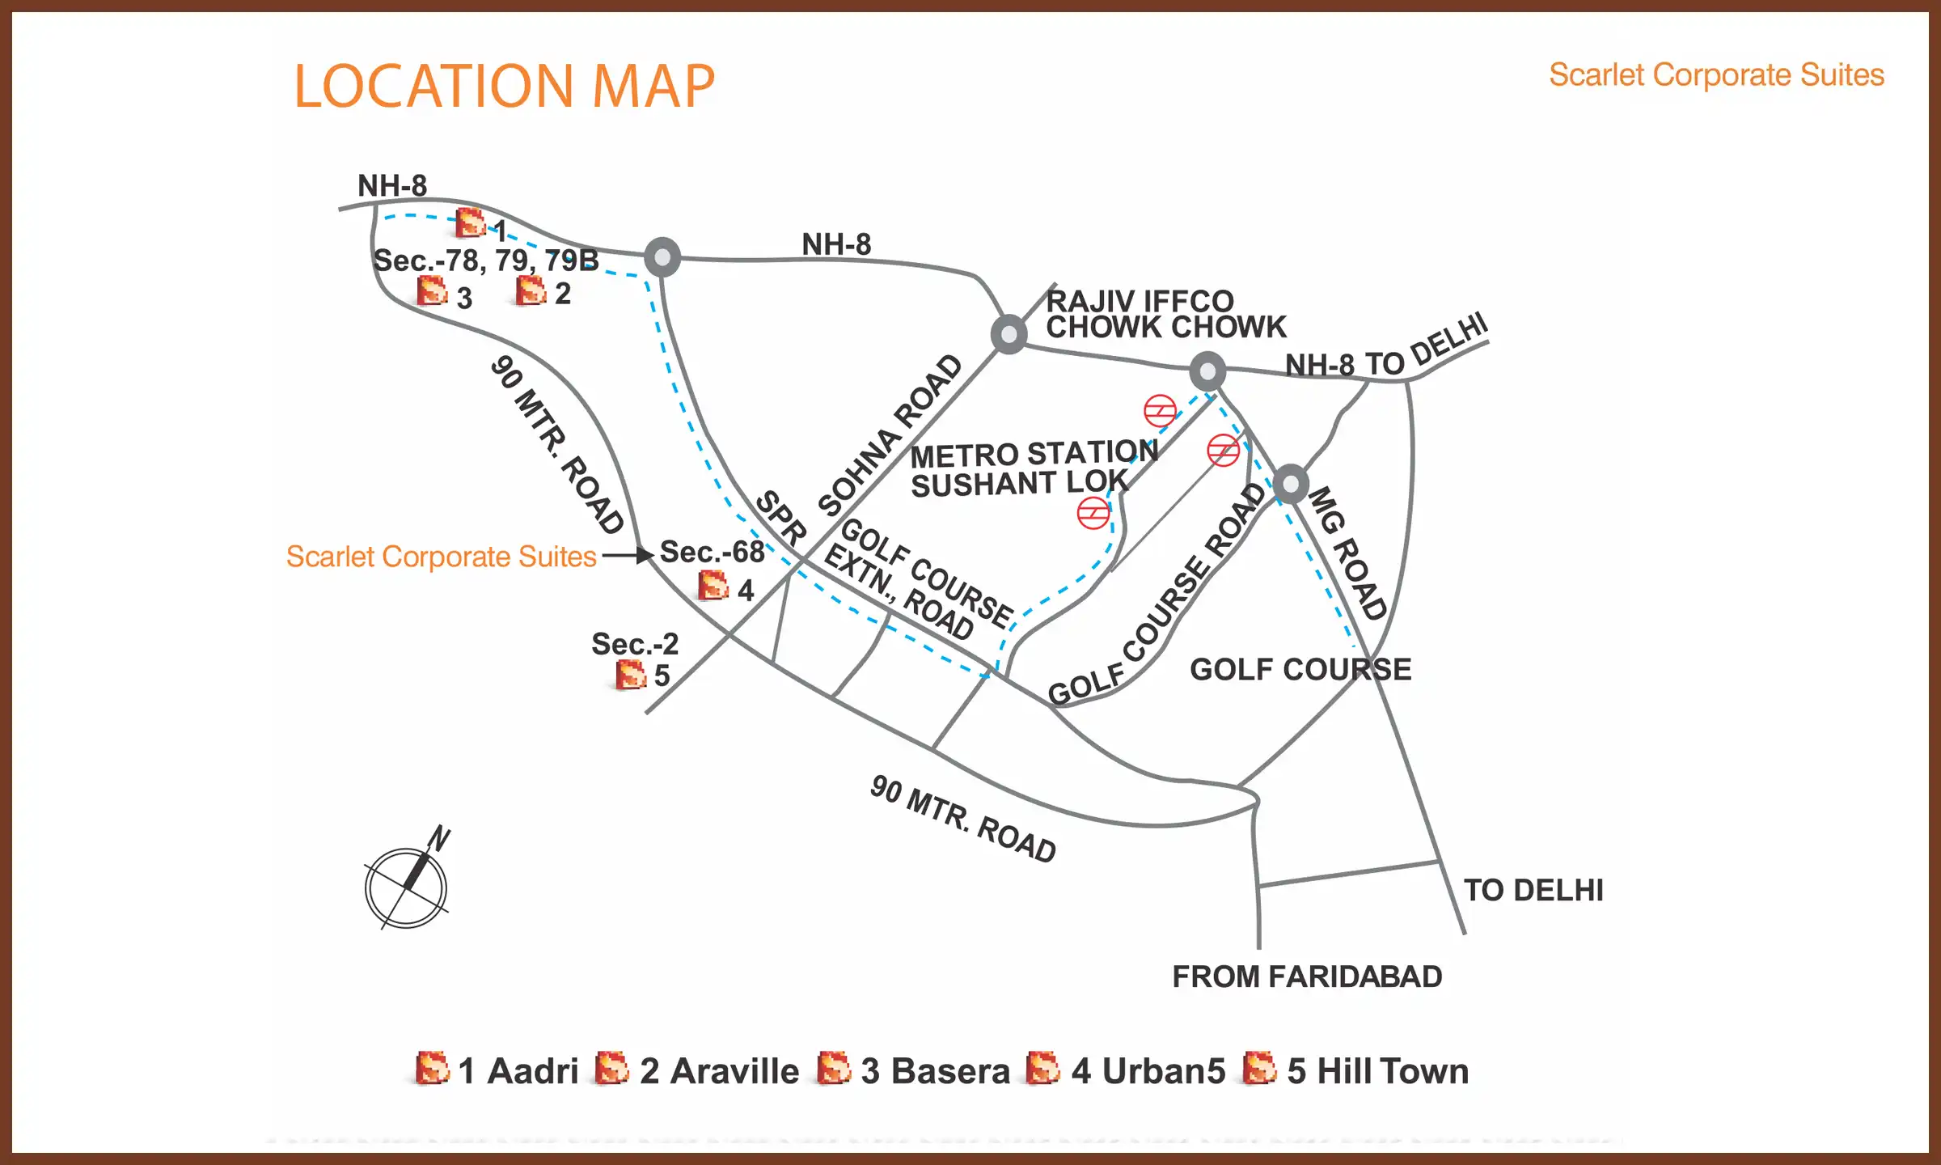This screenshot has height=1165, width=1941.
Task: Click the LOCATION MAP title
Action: (504, 86)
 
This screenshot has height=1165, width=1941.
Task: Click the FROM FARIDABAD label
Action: (1307, 976)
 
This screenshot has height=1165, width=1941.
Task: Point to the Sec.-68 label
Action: (712, 552)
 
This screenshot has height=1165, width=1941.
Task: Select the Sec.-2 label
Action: (635, 644)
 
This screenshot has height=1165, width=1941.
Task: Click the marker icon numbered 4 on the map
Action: (713, 586)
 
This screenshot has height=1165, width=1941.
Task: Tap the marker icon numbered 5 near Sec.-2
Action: (631, 675)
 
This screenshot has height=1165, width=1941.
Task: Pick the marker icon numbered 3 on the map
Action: (432, 291)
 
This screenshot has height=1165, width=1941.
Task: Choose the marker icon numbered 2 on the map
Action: (531, 290)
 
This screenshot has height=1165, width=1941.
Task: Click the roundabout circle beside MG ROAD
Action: (1291, 485)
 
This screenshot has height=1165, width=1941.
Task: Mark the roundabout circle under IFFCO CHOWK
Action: (1207, 371)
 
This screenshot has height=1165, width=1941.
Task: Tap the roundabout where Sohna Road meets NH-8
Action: (1009, 334)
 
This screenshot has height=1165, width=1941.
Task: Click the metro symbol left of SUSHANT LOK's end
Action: (1093, 513)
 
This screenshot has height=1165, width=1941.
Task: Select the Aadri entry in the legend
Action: (497, 1070)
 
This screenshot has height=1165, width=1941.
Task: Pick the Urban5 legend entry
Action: (1126, 1070)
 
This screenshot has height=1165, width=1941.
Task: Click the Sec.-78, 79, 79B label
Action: (485, 261)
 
